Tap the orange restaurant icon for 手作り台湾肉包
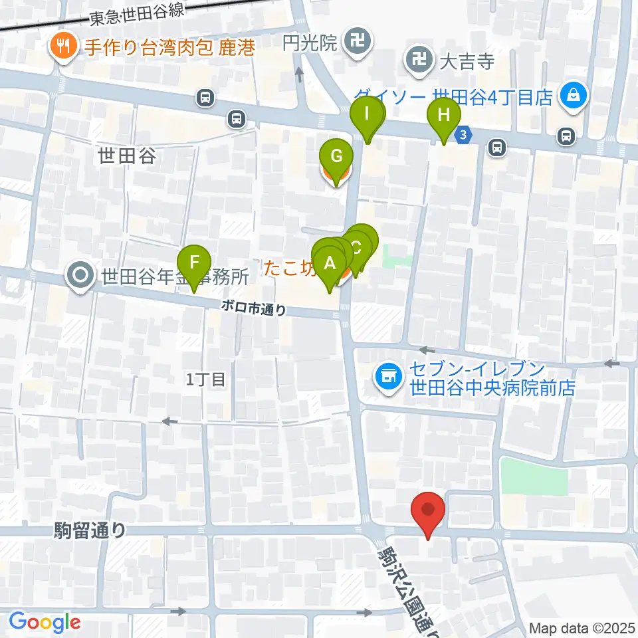coord(64,47)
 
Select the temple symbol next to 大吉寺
coord(419,62)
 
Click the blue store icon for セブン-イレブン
coord(387,377)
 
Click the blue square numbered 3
coord(465,135)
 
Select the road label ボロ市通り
coord(255,308)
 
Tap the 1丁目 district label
coord(206,379)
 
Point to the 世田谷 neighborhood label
coord(126,156)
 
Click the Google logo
coord(45,622)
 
